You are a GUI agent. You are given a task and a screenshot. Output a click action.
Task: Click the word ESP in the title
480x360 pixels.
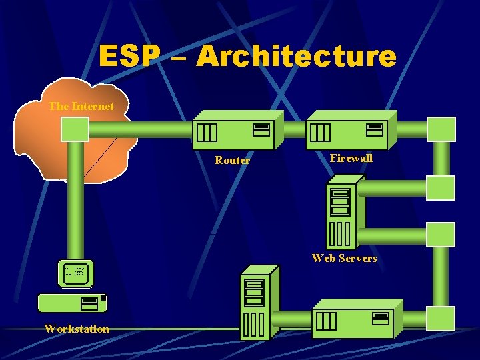click(129, 57)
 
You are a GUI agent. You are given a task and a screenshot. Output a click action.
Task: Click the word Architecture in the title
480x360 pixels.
click(296, 57)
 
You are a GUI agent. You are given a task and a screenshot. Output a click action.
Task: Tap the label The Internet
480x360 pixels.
click(81, 106)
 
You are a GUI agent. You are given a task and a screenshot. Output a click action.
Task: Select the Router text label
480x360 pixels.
click(232, 160)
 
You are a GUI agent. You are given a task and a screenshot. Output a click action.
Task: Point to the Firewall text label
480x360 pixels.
click(351, 158)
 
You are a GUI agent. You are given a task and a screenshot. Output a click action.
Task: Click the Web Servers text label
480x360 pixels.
click(344, 258)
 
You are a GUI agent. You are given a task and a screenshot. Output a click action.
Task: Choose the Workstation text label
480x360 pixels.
click(77, 329)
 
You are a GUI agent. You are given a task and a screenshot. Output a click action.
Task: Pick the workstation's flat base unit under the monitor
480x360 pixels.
click(72, 303)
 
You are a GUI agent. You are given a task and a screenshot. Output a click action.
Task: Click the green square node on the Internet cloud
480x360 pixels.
click(75, 129)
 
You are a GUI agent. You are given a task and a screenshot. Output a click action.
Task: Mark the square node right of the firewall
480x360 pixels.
click(441, 129)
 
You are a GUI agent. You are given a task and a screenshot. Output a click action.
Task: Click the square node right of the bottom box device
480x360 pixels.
click(441, 319)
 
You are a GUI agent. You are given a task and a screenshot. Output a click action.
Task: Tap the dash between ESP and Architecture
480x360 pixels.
click(179, 59)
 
